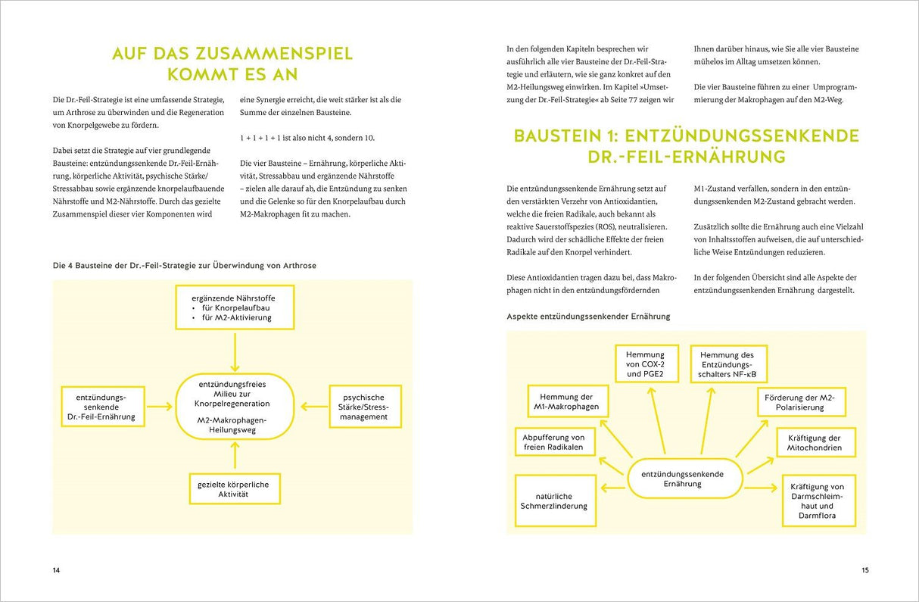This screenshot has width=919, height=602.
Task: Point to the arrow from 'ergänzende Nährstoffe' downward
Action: pyautogui.click(x=235, y=351)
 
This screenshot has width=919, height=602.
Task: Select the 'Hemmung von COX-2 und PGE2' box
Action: pyautogui.click(x=645, y=364)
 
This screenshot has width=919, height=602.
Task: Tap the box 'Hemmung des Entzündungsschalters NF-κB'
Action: pyautogui.click(x=727, y=365)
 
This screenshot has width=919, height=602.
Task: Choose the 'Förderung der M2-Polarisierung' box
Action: pyautogui.click(x=800, y=402)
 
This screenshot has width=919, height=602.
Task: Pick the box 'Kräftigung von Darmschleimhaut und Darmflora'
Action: pyautogui.click(x=817, y=501)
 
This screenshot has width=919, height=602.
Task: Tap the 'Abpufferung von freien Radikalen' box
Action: pyautogui.click(x=554, y=442)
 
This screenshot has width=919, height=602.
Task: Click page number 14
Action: pyautogui.click(x=56, y=570)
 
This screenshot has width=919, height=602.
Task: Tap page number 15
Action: pyautogui.click(x=864, y=570)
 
